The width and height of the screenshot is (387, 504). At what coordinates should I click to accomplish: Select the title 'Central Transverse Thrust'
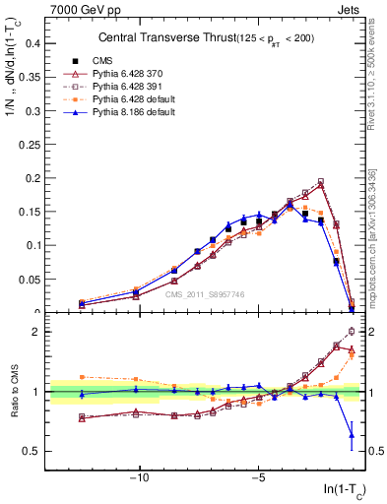coord(161,38)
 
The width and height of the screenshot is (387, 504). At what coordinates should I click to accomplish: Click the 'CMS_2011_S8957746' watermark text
coord(205,294)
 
